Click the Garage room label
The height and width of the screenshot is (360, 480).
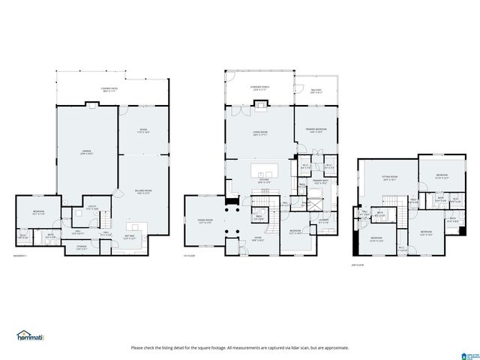[86, 152]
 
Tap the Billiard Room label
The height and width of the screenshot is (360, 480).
[143, 192]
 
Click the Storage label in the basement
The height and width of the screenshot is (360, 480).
[82, 247]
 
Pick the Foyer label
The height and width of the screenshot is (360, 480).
[256, 239]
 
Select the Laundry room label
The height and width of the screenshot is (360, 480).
[324, 221]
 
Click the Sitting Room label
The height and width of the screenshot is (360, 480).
[389, 179]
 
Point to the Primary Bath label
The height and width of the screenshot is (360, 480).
[322, 182]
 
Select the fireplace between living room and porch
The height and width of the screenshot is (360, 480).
[260, 104]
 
